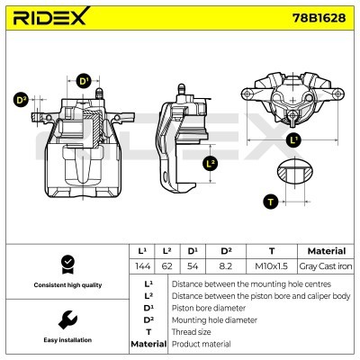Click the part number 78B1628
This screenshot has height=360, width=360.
(317, 18)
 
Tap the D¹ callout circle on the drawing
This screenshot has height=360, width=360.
(85, 81)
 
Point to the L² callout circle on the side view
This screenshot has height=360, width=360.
(211, 163)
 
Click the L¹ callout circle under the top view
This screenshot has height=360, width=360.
(294, 140)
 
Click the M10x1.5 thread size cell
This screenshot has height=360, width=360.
(271, 267)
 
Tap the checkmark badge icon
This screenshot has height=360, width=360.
(66, 263)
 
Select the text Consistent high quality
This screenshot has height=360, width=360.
(66, 285)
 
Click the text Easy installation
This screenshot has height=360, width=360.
(66, 341)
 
